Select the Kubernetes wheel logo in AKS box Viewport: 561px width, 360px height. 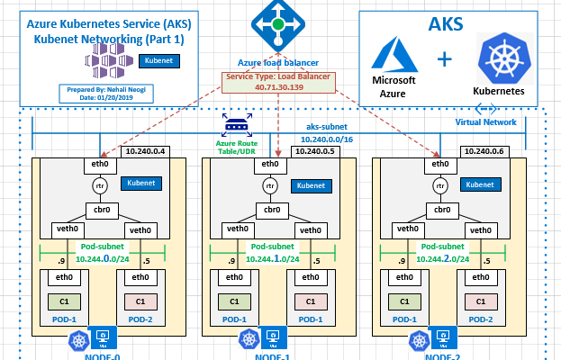coord(504,54)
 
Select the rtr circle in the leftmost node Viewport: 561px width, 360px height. coord(99,185)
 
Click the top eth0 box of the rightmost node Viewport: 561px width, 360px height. coord(439,164)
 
